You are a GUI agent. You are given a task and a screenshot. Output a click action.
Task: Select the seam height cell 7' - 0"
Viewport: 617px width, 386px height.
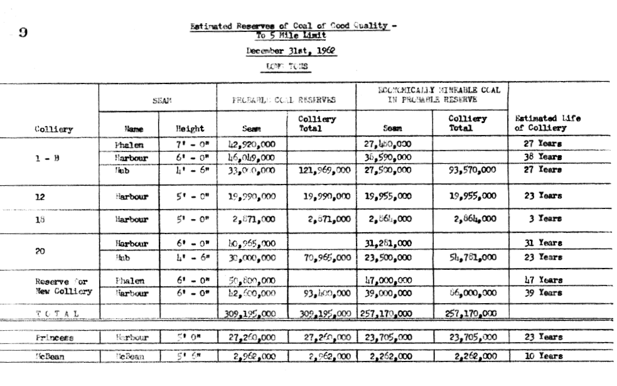pos(189,145)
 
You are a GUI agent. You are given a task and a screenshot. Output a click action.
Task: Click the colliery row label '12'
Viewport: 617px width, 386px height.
pos(41,196)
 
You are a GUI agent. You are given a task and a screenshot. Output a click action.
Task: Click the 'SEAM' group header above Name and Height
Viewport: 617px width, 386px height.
pos(158,99)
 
